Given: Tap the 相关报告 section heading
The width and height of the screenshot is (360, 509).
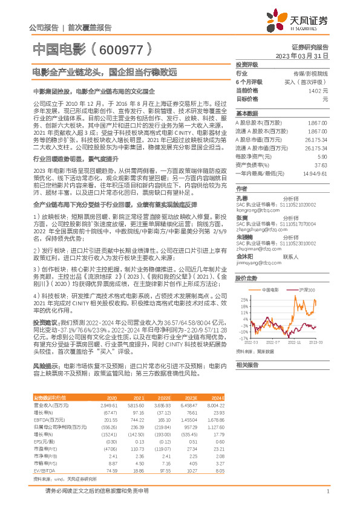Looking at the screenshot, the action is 247,365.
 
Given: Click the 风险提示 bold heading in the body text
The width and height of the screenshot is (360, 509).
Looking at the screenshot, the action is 45,366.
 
